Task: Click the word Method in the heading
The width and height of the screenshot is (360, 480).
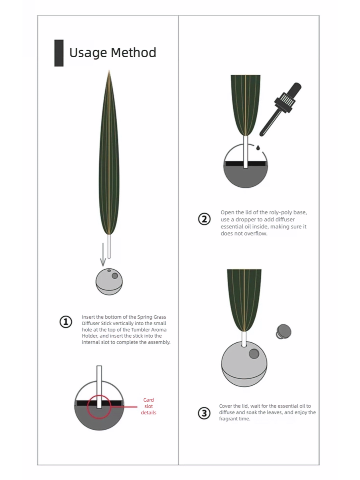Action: tap(134, 52)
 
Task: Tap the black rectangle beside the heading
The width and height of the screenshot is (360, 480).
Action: tap(59, 53)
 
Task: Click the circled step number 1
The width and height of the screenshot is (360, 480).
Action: tap(66, 322)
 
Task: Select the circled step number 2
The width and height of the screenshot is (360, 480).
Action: tap(204, 219)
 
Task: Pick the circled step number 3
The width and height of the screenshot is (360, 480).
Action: tap(204, 413)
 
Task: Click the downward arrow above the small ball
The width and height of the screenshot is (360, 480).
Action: tap(103, 254)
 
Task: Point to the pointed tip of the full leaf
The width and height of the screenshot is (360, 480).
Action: tap(109, 70)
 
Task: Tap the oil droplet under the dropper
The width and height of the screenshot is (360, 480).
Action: tap(258, 148)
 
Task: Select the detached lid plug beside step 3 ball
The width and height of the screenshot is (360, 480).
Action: tap(284, 332)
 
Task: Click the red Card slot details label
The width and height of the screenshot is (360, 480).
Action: tap(148, 406)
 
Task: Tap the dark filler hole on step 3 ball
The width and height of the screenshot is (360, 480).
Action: tap(254, 354)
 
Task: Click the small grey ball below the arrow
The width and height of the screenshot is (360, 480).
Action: tap(109, 282)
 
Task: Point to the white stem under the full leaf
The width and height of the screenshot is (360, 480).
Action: tap(109, 246)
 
